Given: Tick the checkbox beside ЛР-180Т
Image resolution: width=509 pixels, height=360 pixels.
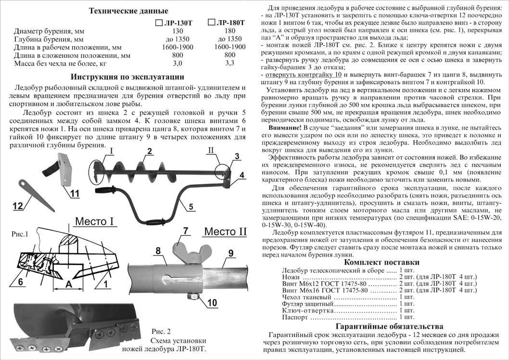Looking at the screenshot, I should click(212, 22).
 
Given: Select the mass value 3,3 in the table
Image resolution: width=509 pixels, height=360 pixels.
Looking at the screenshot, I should click(229, 63).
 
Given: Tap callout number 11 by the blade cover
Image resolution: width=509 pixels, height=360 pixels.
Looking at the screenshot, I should click(74, 194).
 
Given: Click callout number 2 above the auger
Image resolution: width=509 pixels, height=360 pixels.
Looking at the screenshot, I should click(150, 152).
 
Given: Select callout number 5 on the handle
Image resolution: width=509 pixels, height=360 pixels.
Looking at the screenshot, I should click(191, 207).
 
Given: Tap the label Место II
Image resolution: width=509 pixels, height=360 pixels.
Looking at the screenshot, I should click(225, 231).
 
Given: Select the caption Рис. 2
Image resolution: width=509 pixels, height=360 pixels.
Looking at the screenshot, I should click(161, 331).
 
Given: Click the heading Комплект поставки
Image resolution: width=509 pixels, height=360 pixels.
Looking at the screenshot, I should click(382, 262).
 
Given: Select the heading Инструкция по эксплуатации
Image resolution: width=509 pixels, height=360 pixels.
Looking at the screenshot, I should click(127, 77).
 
